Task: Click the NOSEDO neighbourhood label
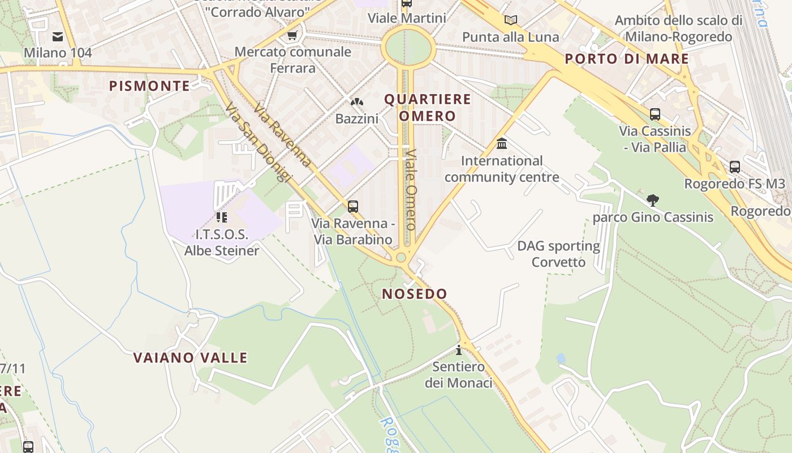(x=415, y=294)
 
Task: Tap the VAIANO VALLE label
(x=190, y=358)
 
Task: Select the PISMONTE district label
(x=149, y=86)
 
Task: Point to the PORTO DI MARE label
(x=627, y=59)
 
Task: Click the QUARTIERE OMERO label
(x=428, y=108)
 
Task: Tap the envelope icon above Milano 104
(x=58, y=37)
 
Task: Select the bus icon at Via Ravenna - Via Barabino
(x=353, y=207)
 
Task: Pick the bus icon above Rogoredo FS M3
(x=734, y=167)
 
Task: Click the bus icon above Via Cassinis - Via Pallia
(x=655, y=114)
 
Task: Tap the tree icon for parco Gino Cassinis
(x=653, y=200)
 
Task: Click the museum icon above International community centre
(x=501, y=144)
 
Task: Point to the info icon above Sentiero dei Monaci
(x=459, y=349)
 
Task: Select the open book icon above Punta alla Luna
(x=510, y=20)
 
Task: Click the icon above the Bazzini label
(x=356, y=102)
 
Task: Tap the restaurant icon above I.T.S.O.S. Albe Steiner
(x=221, y=217)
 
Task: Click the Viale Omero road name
(x=411, y=190)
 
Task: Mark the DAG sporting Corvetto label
(x=558, y=254)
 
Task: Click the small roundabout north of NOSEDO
(x=401, y=258)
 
